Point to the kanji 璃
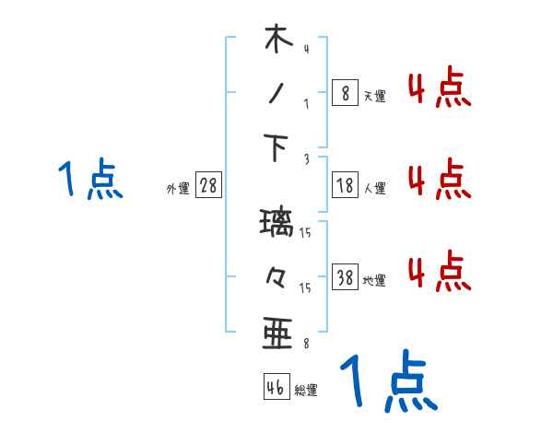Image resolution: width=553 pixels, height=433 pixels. (x=276, y=224)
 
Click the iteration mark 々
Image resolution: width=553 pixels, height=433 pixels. (x=276, y=275)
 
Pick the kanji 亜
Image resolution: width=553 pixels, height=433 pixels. (x=276, y=332)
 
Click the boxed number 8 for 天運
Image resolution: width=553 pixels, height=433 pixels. (x=345, y=92)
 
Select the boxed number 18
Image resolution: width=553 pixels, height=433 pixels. (x=345, y=185)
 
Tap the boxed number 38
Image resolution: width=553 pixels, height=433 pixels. (x=345, y=277)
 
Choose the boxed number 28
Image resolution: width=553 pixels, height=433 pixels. (x=208, y=185)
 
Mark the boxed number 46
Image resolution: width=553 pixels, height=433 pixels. (x=276, y=387)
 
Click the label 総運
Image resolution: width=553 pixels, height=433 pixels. (x=306, y=391)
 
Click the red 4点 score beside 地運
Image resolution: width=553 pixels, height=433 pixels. (x=439, y=272)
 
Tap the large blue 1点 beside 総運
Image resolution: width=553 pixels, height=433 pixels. (x=387, y=382)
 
